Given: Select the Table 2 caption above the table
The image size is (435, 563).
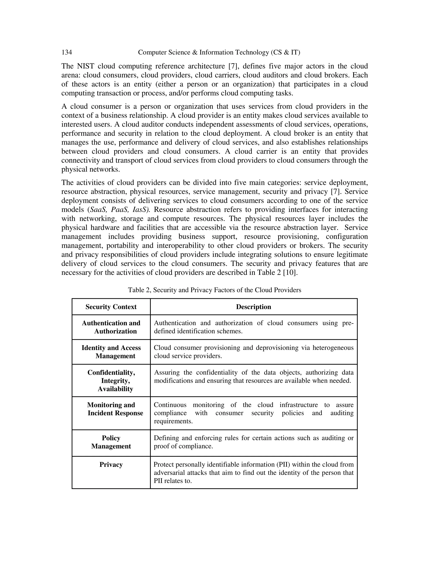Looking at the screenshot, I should click(214, 290).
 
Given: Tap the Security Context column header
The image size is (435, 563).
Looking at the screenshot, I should click(111, 307).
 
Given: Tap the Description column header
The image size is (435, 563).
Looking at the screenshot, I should click(253, 307).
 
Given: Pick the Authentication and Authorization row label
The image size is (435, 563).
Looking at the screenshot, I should click(111, 327).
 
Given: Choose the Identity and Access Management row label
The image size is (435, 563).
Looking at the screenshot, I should click(111, 352).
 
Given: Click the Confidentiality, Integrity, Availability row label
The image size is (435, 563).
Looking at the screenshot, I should click(111, 381).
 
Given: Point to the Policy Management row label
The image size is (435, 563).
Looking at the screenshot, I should click(111, 442).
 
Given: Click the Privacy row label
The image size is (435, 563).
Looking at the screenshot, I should click(111, 464).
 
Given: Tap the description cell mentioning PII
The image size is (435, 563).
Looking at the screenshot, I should click(253, 473).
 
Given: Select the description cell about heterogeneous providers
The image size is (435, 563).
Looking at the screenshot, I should click(253, 352).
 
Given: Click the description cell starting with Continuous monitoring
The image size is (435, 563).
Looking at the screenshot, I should click(253, 413).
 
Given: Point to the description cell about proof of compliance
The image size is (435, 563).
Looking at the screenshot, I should click(253, 442).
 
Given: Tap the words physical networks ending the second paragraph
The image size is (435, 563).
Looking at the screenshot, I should click(90, 170).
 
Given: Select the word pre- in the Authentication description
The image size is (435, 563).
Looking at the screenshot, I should click(348, 323).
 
